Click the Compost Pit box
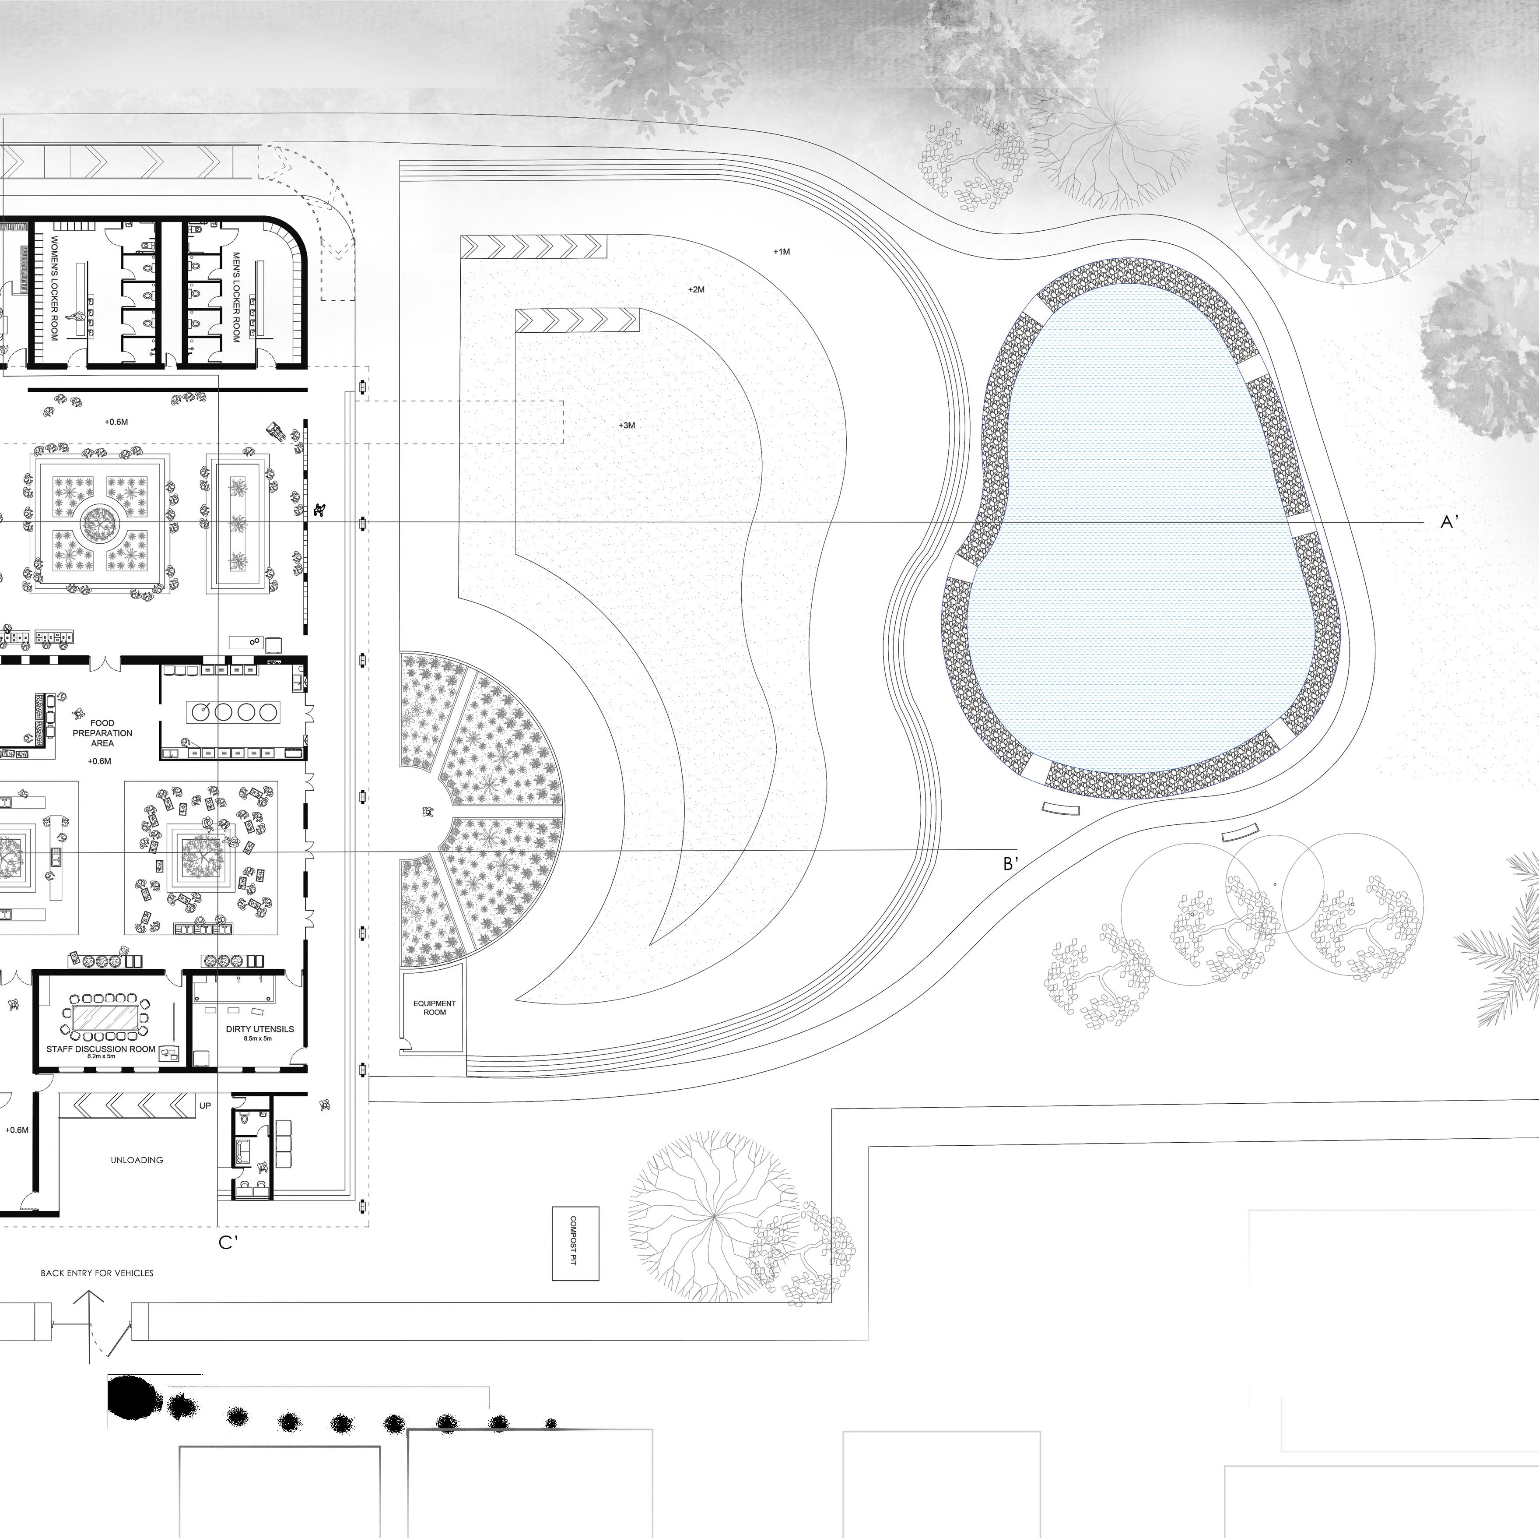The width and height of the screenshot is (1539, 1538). (x=575, y=1243)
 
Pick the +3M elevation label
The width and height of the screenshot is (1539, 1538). (x=627, y=426)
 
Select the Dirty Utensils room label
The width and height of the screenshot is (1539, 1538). (x=259, y=1029)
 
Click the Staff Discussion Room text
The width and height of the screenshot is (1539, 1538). (x=100, y=1049)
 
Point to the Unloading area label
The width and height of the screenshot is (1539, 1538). (x=137, y=1160)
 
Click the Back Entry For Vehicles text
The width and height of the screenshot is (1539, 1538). (x=97, y=1273)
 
